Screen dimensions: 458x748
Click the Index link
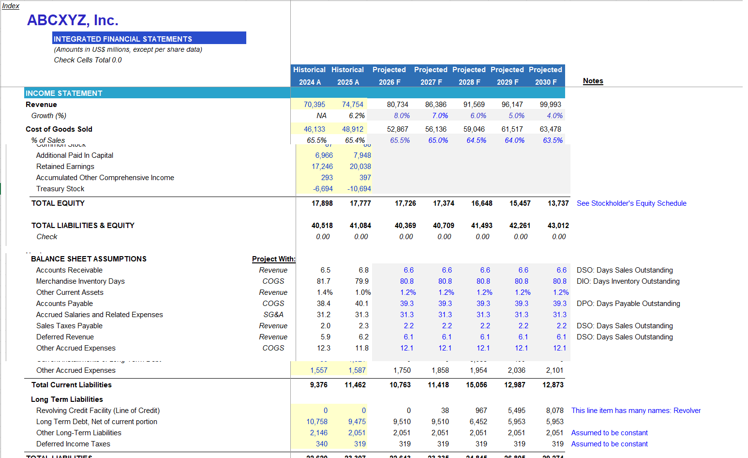(x=11, y=6)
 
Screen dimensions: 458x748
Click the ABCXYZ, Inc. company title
(x=73, y=20)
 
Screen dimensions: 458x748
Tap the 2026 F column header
(x=389, y=82)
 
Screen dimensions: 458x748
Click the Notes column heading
(x=593, y=81)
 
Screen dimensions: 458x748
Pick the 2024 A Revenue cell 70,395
(x=314, y=105)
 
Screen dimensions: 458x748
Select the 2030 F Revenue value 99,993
(x=551, y=105)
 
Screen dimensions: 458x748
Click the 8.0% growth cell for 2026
(x=402, y=116)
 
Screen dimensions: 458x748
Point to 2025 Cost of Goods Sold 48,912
(x=353, y=129)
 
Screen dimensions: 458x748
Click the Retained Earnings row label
(x=65, y=167)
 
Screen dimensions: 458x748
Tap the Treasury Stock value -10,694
(x=359, y=189)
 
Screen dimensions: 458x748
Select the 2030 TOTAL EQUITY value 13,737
(x=558, y=203)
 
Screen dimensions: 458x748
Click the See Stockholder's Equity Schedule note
(x=631, y=203)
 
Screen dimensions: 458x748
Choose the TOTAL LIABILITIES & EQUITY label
(x=83, y=226)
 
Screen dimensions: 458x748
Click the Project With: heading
(x=273, y=259)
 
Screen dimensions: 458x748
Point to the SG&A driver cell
(x=273, y=315)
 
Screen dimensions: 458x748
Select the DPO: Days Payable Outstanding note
(x=628, y=304)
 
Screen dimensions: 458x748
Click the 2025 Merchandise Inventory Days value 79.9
(x=362, y=281)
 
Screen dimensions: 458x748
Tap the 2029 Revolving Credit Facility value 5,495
(x=517, y=411)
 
